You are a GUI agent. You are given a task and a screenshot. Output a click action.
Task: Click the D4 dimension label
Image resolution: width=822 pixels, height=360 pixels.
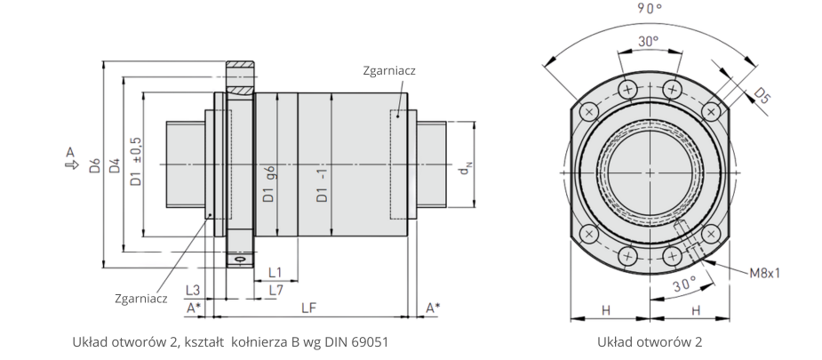pos(114,165)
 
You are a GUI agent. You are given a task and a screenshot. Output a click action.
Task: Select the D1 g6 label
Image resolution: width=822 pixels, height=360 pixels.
pos(267,183)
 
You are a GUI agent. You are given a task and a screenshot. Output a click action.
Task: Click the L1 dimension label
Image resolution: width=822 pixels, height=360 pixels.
pos(275,272)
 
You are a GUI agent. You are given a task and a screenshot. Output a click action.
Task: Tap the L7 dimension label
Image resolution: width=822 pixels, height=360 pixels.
pos(275,290)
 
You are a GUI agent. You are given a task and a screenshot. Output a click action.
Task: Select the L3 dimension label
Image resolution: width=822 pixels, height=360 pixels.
pos(192,290)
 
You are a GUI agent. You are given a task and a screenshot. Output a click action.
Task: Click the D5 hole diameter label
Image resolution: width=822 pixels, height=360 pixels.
pos(762,96)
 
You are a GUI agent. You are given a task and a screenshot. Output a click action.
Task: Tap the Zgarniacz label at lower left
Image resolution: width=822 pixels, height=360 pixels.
pos(141,299)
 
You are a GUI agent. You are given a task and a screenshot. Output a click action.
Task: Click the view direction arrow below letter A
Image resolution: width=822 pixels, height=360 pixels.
pos(69,164)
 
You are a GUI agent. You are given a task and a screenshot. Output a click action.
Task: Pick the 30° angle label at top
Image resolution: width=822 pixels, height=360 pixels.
pos(649,41)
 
